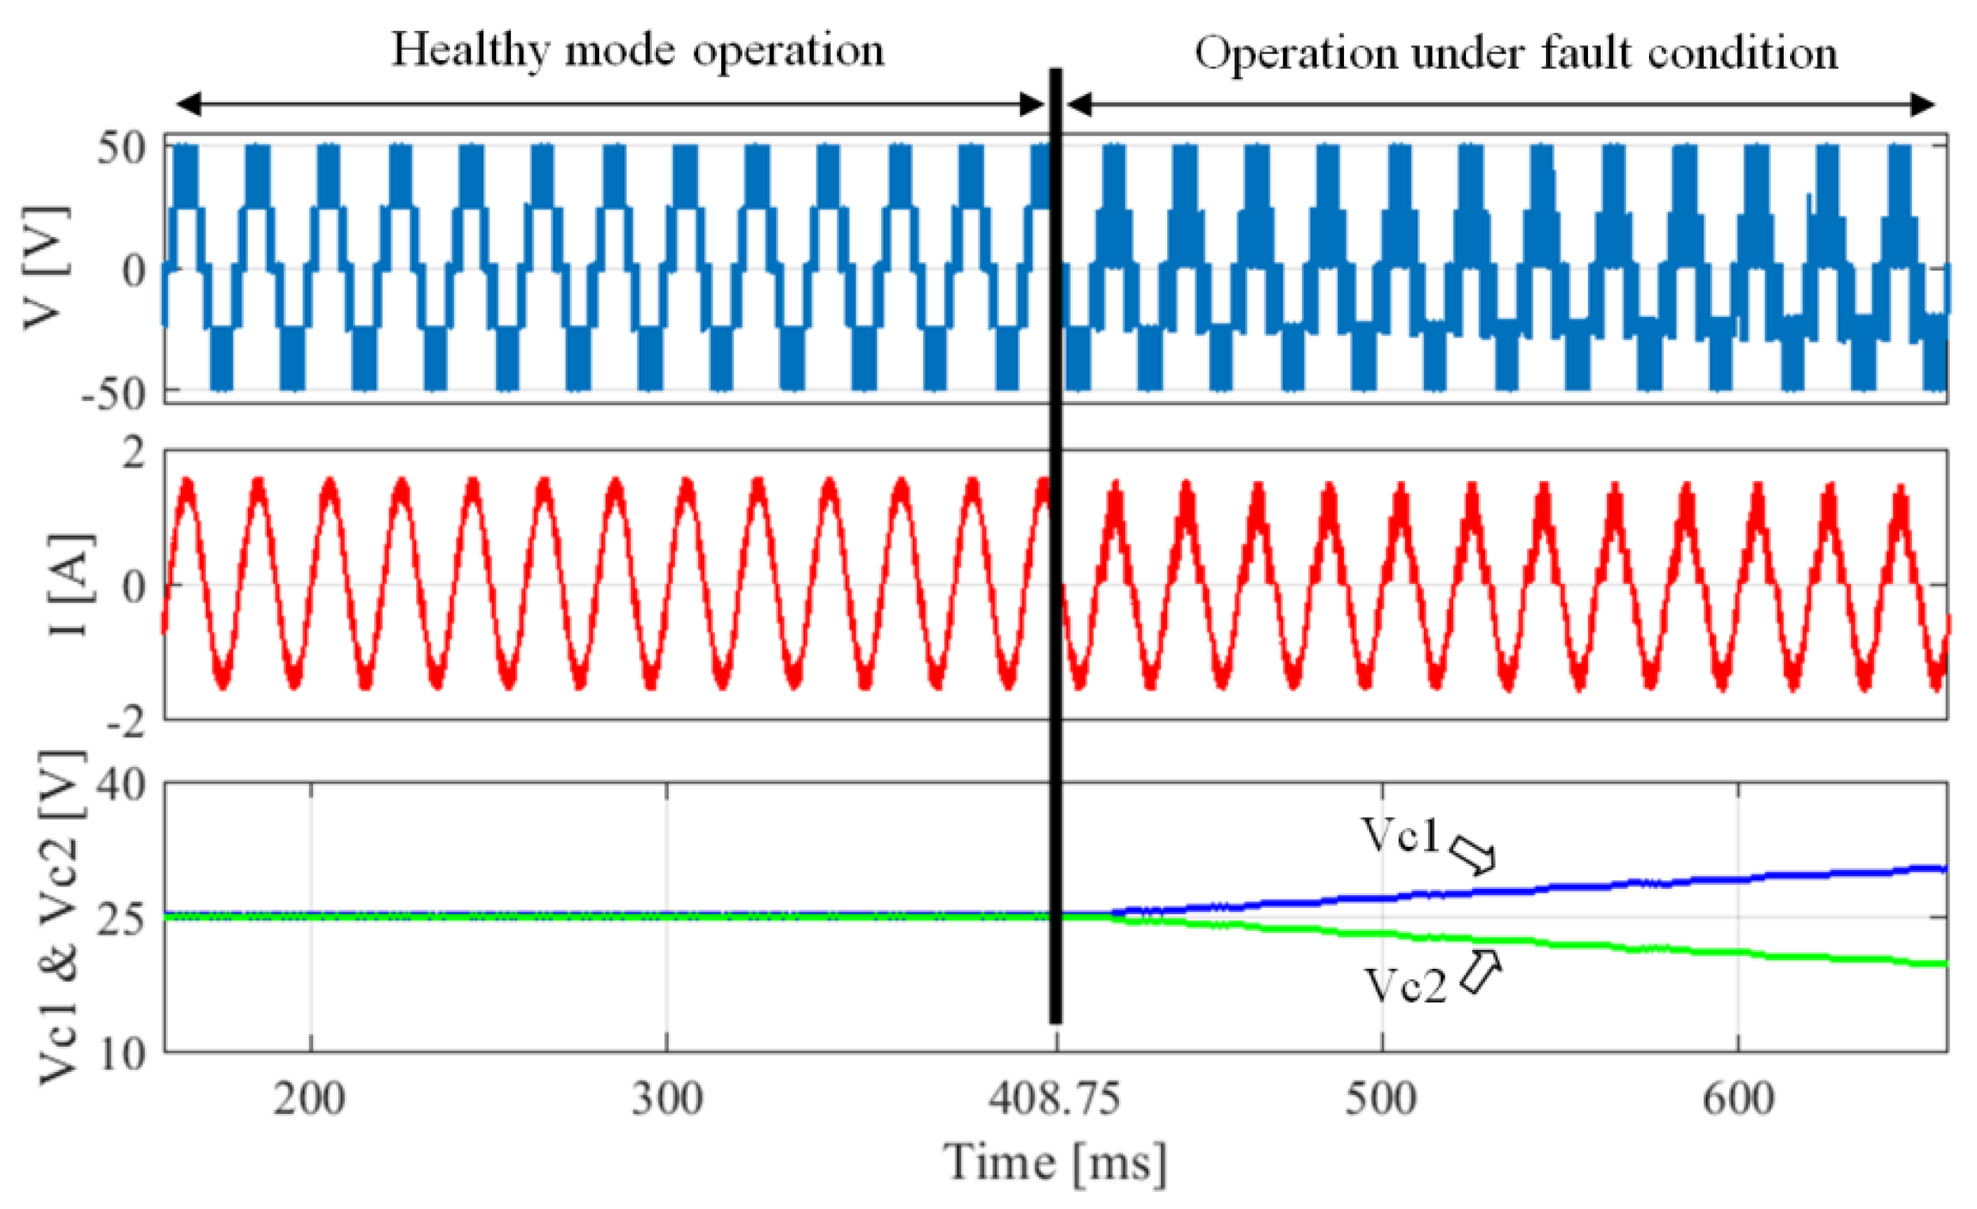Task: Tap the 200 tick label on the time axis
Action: coord(310,1098)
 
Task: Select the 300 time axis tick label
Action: coord(666,1098)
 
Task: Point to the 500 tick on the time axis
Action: coord(1381,1098)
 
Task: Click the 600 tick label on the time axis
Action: coord(1738,1098)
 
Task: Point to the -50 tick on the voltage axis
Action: coord(114,393)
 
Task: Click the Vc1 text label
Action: coord(1400,835)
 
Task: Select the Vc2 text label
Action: coord(1405,986)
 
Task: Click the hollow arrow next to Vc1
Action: coord(1473,854)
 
